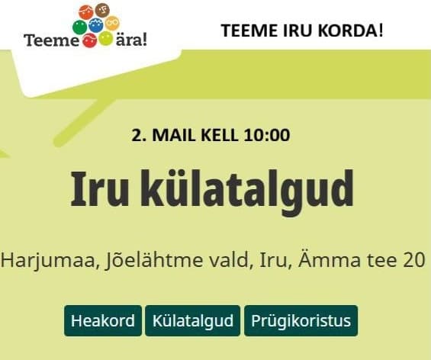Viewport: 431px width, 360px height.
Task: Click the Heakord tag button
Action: pyautogui.click(x=103, y=321)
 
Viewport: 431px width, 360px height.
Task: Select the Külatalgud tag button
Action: pyautogui.click(x=193, y=321)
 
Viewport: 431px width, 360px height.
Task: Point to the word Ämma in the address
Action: pyautogui.click(x=338, y=259)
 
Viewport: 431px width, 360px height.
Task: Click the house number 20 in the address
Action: pyautogui.click(x=412, y=259)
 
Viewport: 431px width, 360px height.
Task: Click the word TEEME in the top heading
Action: pyautogui.click(x=244, y=31)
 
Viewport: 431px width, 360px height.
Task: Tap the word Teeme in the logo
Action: pyautogui.click(x=51, y=40)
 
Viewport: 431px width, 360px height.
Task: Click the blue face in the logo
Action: pyautogui.click(x=97, y=25)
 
